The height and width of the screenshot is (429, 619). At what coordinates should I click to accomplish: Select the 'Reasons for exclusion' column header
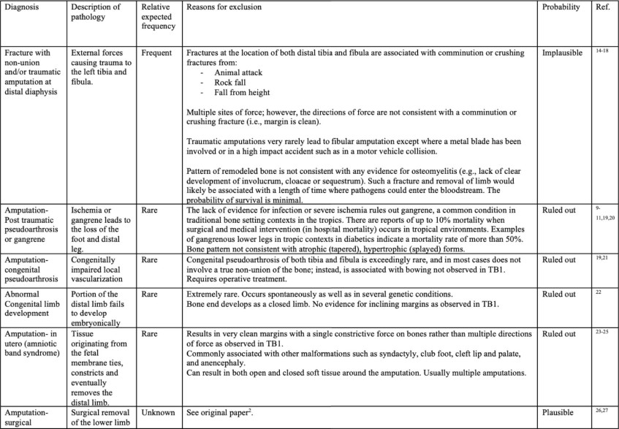point(224,7)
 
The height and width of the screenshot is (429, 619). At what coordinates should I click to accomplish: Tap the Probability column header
point(561,7)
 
